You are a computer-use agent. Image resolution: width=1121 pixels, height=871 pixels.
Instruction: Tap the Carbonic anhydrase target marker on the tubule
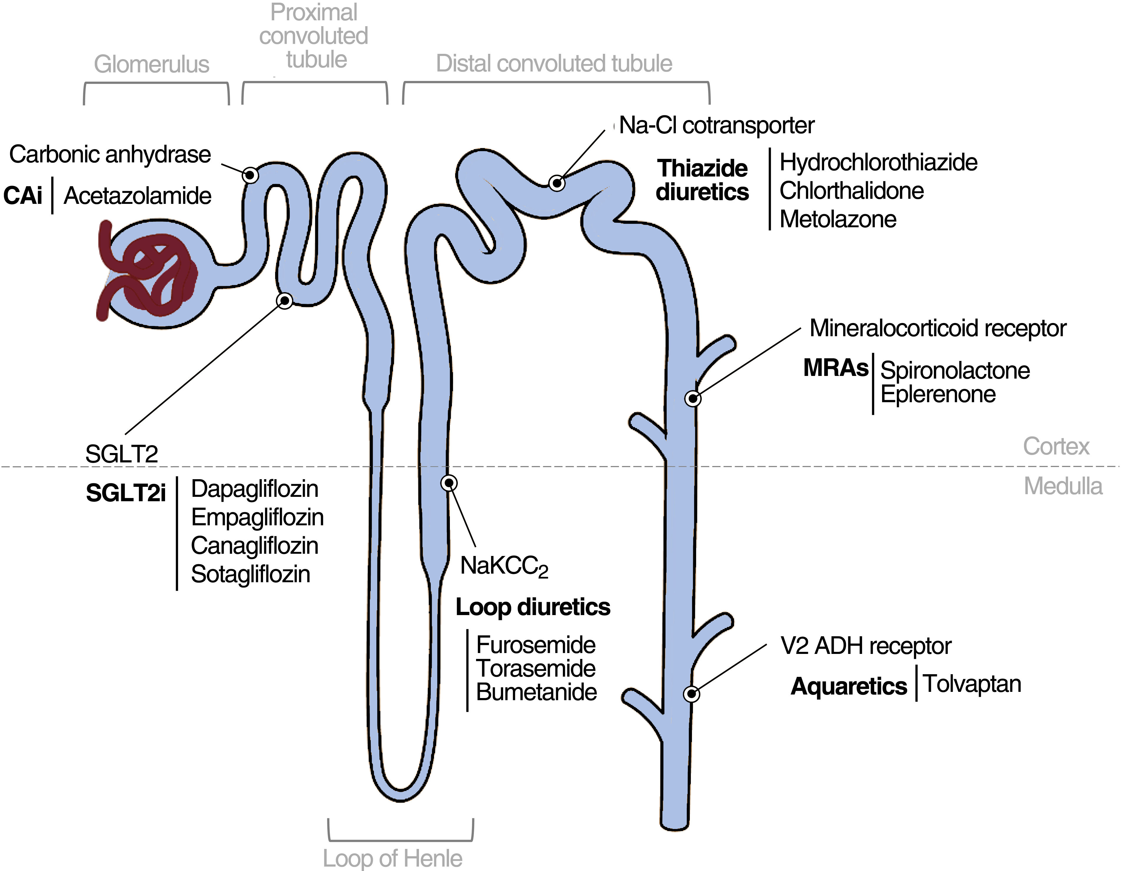(250, 175)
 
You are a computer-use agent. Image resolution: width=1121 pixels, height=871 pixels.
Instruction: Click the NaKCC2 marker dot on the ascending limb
(449, 483)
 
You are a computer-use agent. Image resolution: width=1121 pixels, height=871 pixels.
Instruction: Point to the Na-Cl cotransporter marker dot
(557, 183)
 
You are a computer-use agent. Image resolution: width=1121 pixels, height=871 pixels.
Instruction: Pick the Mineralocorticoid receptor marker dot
(693, 398)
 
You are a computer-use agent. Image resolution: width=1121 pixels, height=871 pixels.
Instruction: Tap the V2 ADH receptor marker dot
(691, 694)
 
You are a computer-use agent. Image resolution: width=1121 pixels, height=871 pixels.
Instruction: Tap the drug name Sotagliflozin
(250, 574)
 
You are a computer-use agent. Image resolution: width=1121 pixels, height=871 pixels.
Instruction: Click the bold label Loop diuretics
(533, 607)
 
